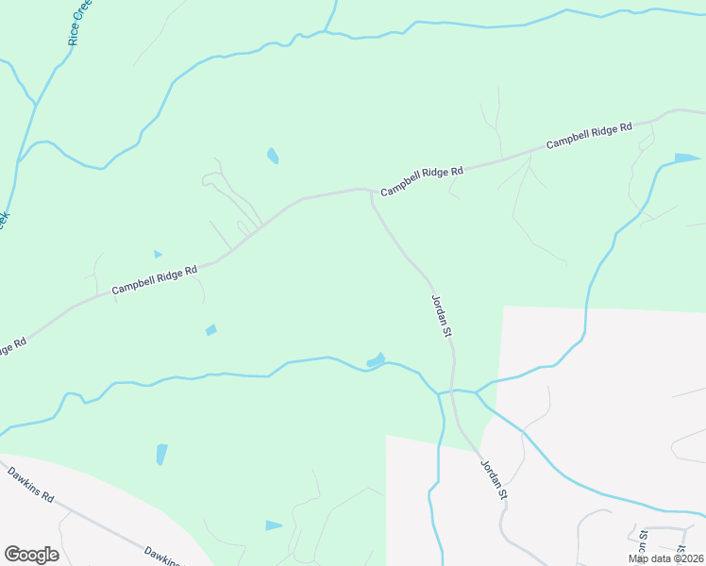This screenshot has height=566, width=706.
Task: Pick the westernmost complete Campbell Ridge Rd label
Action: click(155, 279)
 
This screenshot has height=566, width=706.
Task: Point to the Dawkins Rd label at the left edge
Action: click(31, 483)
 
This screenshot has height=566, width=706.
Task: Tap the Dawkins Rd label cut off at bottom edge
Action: click(161, 555)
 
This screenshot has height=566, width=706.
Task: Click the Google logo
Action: click(31, 554)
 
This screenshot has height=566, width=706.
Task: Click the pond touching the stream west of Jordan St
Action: click(376, 360)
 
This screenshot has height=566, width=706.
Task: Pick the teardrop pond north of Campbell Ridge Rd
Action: click(273, 156)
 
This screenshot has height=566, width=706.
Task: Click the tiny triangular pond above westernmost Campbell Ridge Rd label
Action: click(158, 254)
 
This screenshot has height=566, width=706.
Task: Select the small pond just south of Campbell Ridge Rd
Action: click(211, 330)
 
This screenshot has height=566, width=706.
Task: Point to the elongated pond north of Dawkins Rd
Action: click(161, 454)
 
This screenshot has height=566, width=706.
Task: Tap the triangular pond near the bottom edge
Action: click(273, 524)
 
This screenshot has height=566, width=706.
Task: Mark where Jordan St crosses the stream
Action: click(454, 391)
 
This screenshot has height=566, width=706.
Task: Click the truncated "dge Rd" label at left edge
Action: click(11, 347)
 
